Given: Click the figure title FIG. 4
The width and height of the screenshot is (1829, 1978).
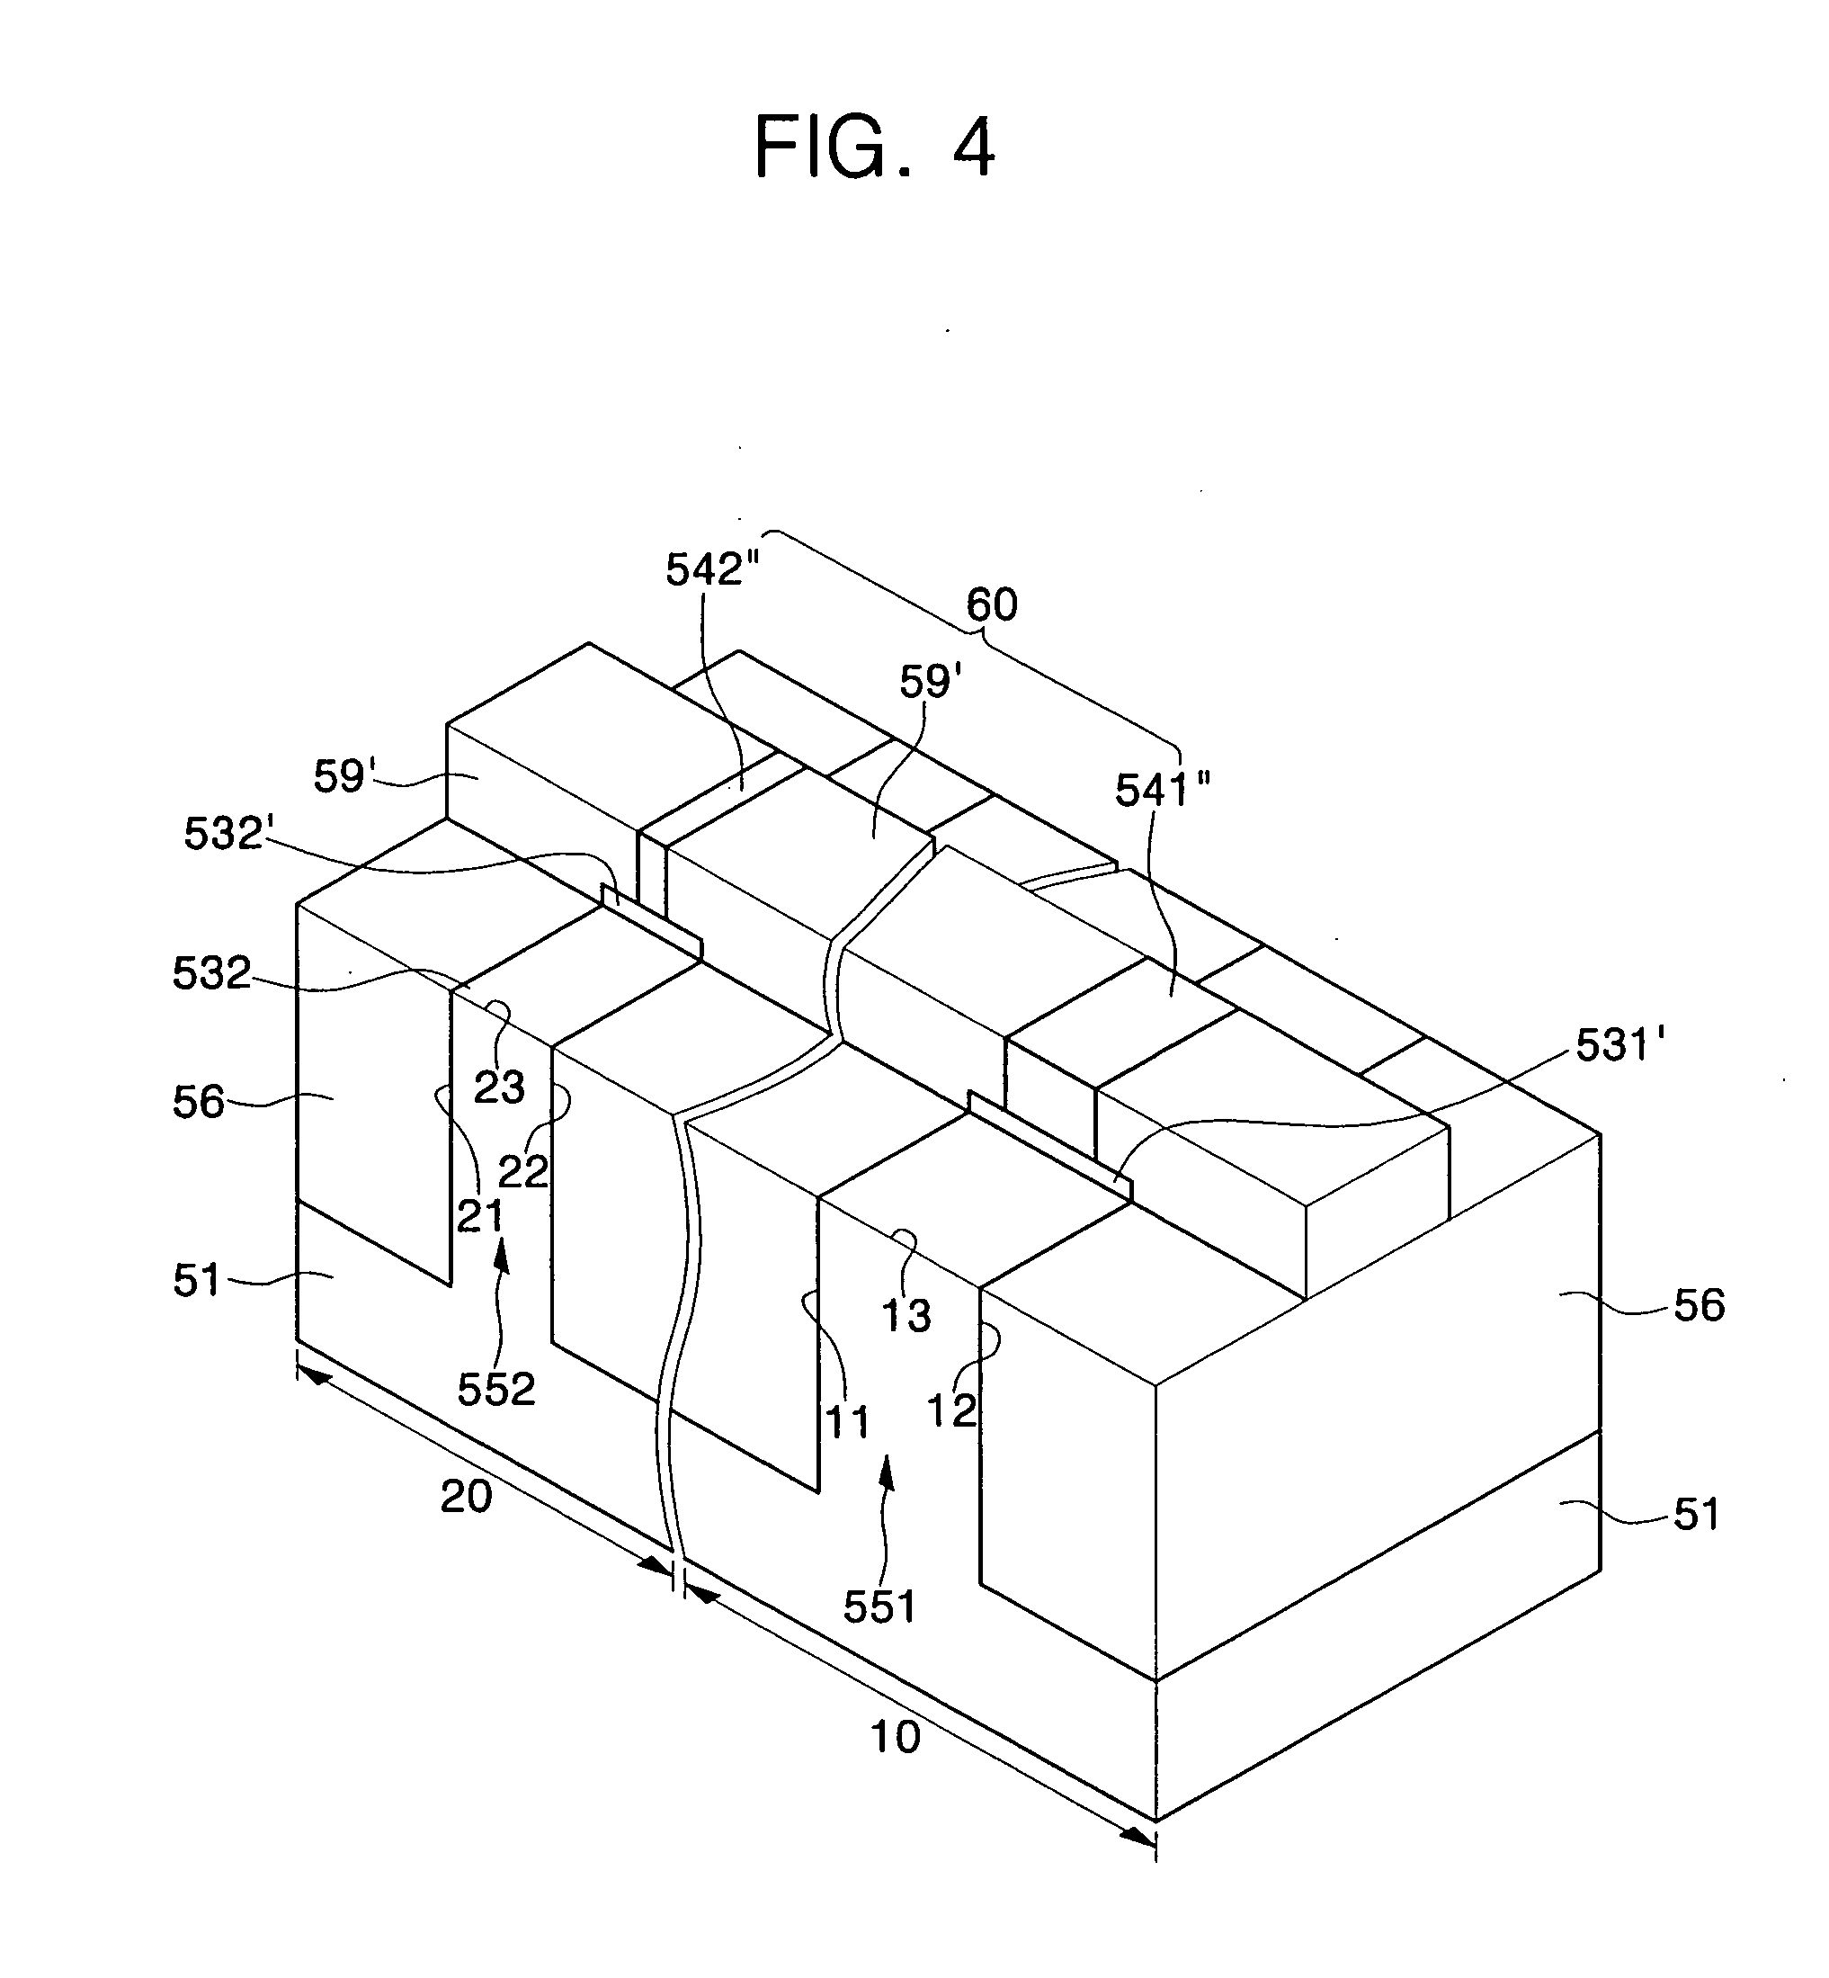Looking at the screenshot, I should tap(874, 148).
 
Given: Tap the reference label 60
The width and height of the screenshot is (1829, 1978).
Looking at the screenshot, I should tap(992, 604).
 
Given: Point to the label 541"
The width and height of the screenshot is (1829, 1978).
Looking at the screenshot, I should tap(1163, 790).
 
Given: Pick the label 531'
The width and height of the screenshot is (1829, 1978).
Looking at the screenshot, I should tap(1620, 1044).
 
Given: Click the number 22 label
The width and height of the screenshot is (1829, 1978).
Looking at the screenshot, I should tap(522, 1172).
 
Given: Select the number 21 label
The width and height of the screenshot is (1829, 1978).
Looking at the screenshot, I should tap(480, 1216).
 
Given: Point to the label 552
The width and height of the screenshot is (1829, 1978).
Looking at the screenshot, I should tap(495, 1390).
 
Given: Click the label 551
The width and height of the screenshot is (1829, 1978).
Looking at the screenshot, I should tap(879, 1606).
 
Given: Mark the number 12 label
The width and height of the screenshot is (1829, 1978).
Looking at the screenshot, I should tap(951, 1410).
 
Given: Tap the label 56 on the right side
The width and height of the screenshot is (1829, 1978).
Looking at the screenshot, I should tap(1699, 1306).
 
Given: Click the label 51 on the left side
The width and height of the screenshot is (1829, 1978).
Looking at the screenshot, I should tap(197, 1280).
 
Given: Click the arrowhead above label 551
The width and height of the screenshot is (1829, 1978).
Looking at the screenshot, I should tap(887, 1472).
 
